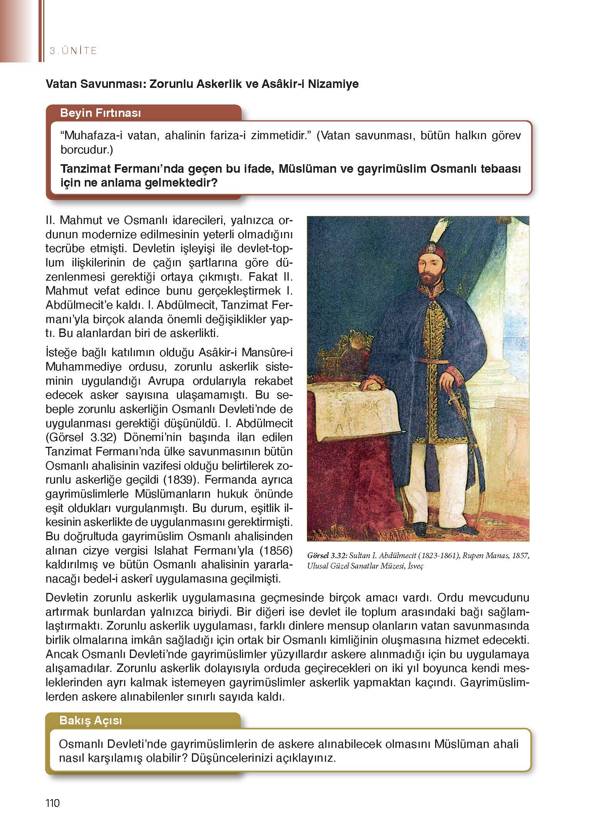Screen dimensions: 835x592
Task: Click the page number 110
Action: [52, 803]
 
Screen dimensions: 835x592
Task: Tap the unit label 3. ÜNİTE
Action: [74, 51]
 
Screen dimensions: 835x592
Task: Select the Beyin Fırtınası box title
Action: [100, 113]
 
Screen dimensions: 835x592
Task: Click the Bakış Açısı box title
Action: [91, 720]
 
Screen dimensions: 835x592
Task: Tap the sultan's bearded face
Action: [429, 272]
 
